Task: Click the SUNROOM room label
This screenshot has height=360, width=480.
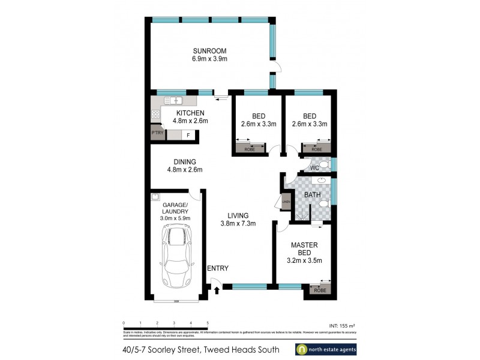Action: pyautogui.click(x=209, y=50)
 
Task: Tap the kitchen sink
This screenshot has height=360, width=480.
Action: pyautogui.click(x=174, y=101)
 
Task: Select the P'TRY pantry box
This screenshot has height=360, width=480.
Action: pyautogui.click(x=157, y=133)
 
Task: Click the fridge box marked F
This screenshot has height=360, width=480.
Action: pyautogui.click(x=188, y=136)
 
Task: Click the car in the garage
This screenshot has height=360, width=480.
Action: pyautogui.click(x=177, y=254)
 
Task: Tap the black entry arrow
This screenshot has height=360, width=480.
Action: pyautogui.click(x=217, y=290)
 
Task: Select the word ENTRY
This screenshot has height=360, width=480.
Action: pyautogui.click(x=217, y=268)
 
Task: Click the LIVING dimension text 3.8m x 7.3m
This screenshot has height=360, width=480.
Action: pyautogui.click(x=238, y=224)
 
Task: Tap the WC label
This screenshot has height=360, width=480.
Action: pyautogui.click(x=314, y=168)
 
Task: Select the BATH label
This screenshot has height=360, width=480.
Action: pyautogui.click(x=313, y=195)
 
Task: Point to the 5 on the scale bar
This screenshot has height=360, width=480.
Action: pyautogui.click(x=207, y=323)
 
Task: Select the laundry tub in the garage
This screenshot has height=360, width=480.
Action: pyautogui.click(x=155, y=196)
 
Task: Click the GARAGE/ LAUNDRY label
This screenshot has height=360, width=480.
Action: pyautogui.click(x=175, y=208)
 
